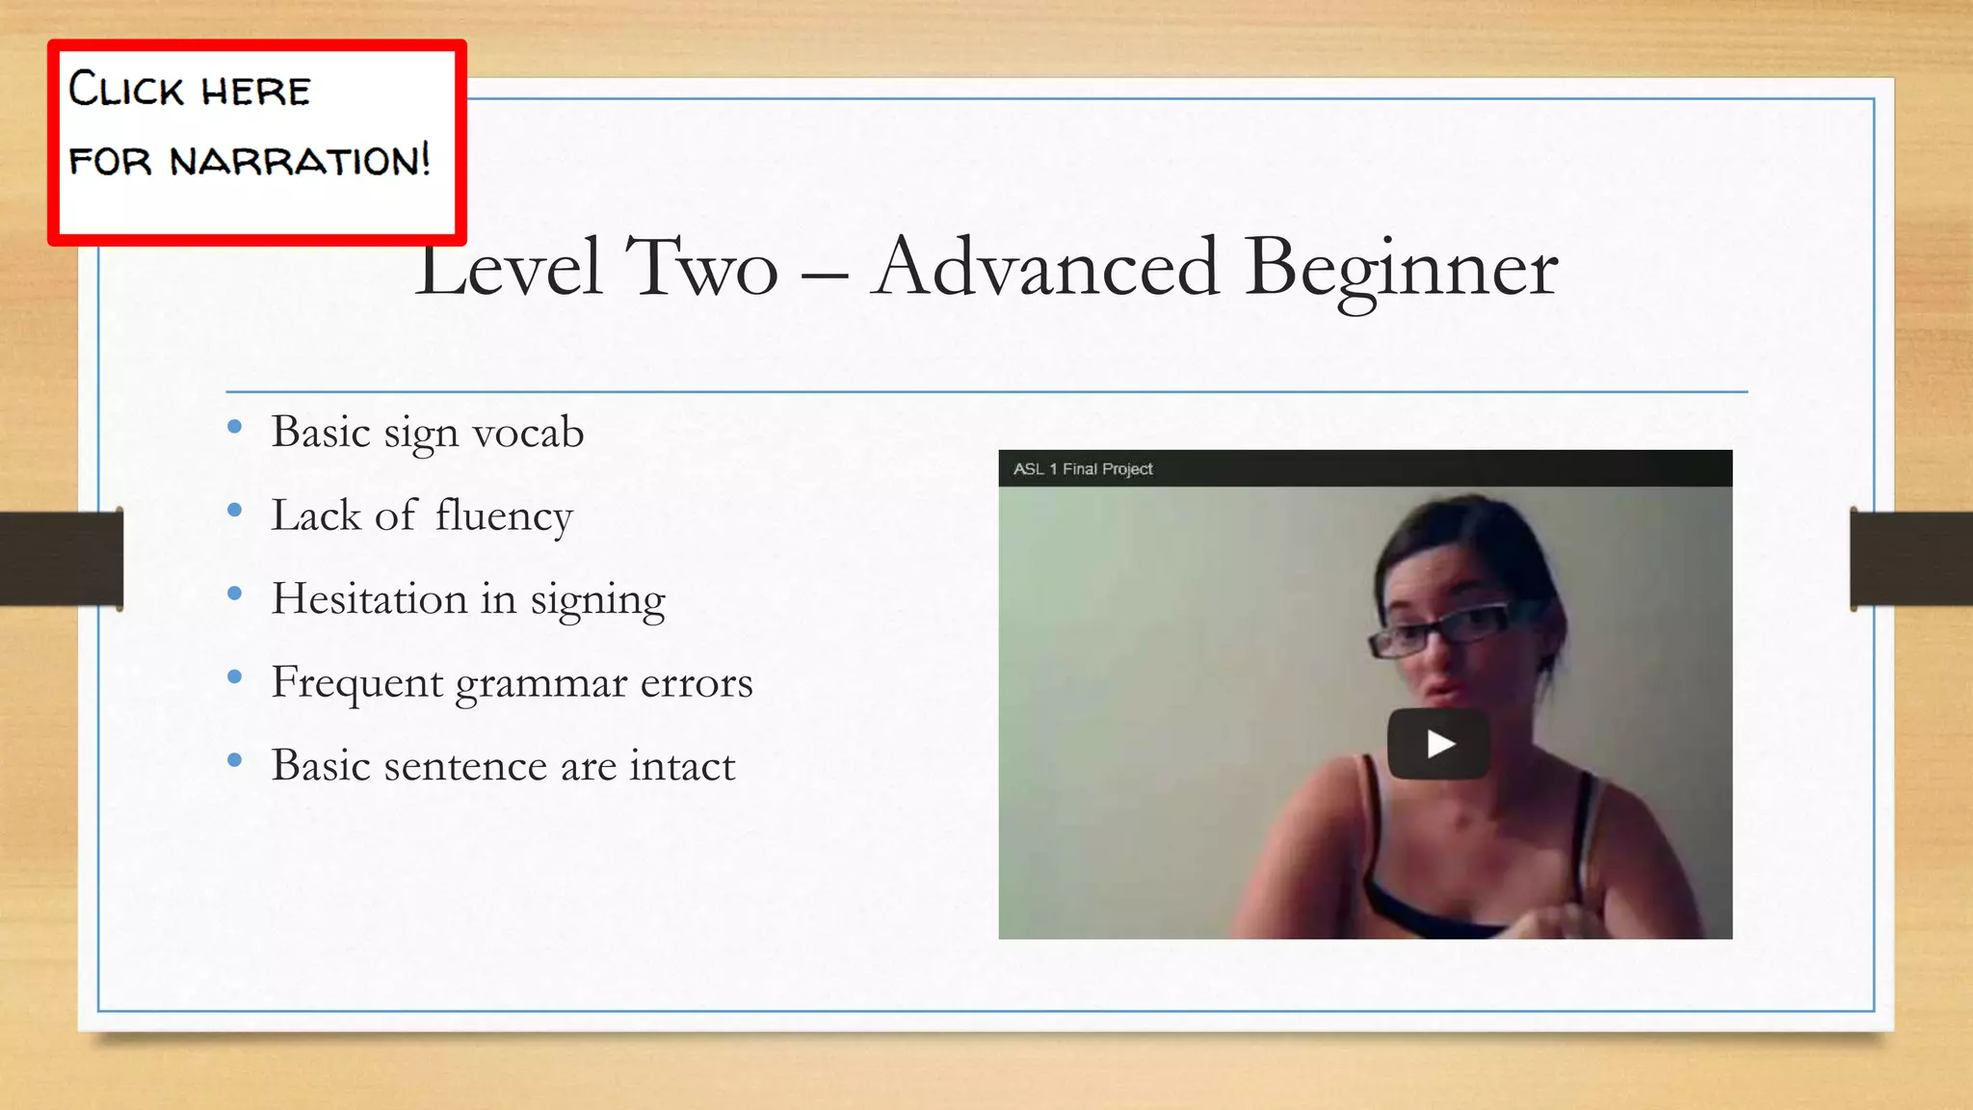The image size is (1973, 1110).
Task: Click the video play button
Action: tap(1438, 744)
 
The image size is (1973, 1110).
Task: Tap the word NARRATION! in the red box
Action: tap(301, 160)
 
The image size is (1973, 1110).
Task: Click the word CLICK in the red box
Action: tap(126, 90)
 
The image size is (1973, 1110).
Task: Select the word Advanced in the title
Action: tap(1045, 267)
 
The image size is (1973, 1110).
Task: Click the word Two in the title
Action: tap(700, 267)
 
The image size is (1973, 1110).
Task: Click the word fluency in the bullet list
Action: tap(503, 516)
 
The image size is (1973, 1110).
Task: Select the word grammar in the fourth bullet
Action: tap(541, 684)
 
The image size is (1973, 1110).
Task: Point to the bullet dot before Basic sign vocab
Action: tap(234, 427)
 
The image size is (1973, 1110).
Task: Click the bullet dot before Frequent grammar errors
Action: tap(234, 677)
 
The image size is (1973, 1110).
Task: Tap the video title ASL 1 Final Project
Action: tap(1083, 469)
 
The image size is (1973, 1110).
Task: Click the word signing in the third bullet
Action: tap(597, 600)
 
